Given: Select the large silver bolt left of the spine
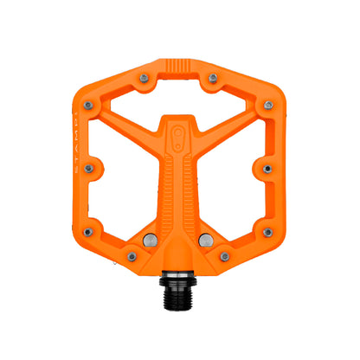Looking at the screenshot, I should pos(150,240).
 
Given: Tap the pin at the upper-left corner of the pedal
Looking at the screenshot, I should pos(87,106).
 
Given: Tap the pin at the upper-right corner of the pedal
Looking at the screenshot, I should pos(268,106).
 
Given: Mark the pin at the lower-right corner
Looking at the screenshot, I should pos(267,231).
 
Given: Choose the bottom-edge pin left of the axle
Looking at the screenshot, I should pos(132,256).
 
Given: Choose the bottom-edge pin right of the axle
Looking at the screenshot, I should pos(224,256).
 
